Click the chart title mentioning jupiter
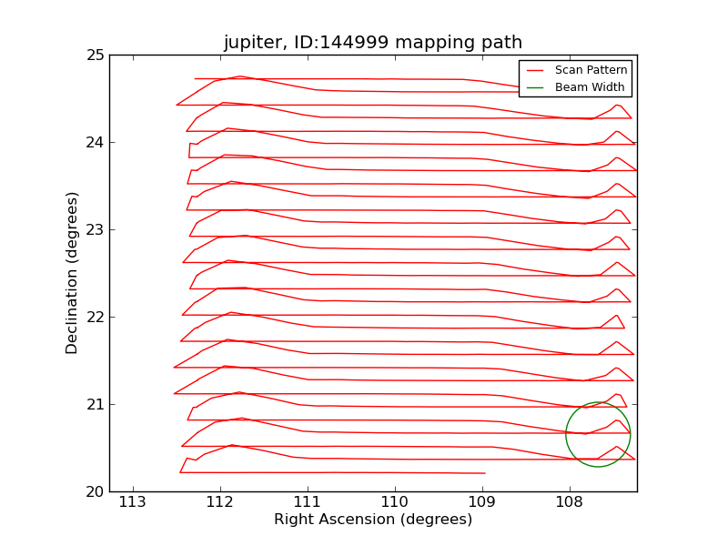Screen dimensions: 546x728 click(373, 43)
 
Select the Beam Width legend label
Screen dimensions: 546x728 click(590, 87)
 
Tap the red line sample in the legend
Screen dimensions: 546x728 click(535, 70)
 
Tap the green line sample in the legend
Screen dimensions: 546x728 click(535, 87)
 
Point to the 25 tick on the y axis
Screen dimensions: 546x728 click(95, 56)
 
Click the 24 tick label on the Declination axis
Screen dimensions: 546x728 click(95, 143)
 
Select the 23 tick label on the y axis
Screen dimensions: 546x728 click(95, 230)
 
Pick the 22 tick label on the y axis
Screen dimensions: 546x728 click(95, 318)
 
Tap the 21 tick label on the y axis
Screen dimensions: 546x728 click(95, 405)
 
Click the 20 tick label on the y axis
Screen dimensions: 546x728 click(95, 492)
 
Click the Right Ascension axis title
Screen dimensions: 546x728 click(373, 520)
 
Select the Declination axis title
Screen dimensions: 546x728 click(73, 273)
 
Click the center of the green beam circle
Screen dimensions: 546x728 click(598, 435)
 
